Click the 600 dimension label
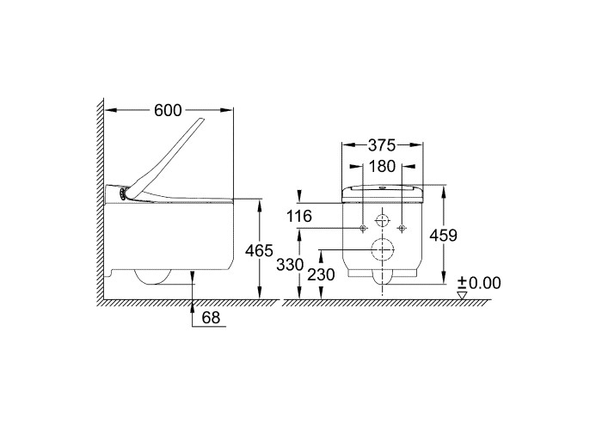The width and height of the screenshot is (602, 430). (x=168, y=111)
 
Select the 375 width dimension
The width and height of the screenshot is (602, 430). (x=382, y=145)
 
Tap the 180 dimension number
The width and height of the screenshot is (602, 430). (x=382, y=166)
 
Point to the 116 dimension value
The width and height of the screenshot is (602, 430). (x=299, y=216)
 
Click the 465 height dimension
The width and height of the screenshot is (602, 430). (x=259, y=251)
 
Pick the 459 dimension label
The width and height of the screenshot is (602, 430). (x=444, y=236)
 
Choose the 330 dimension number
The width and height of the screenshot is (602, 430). (x=291, y=265)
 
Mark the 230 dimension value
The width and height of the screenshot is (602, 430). (x=321, y=275)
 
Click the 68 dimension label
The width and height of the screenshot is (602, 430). (x=212, y=317)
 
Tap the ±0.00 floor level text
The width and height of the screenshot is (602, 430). (x=479, y=283)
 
